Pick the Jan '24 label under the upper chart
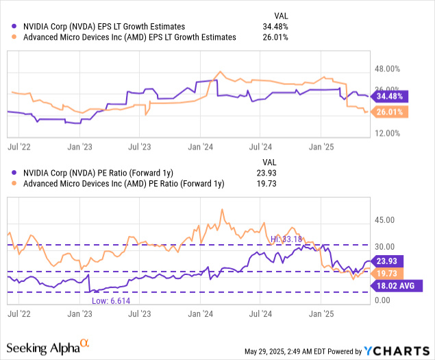[202, 147]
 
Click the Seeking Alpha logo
[48, 348]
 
